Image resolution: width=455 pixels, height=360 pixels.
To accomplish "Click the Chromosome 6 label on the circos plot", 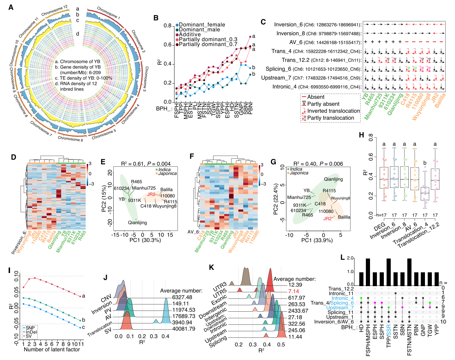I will tap(70, 139).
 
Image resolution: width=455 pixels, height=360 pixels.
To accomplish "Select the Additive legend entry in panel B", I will tap(190, 35).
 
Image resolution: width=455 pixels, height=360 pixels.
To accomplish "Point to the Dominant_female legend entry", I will tap(202, 25).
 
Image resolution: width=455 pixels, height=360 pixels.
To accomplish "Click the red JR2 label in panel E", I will tap(151, 194).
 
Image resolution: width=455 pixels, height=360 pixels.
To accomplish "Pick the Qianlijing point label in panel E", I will tap(137, 223).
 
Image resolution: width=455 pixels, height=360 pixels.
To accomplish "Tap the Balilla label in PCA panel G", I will tap(344, 217).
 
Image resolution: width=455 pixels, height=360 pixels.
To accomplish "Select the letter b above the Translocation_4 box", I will tap(425, 163).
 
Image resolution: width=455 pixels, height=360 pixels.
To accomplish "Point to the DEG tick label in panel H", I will tap(379, 227).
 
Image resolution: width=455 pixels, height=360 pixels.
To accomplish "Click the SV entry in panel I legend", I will tap(29, 336).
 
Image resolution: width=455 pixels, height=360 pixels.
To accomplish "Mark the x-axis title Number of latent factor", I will tap(52, 350).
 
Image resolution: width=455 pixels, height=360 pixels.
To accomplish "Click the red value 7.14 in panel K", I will tap(294, 291).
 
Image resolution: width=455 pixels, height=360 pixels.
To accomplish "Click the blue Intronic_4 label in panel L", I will tap(342, 298).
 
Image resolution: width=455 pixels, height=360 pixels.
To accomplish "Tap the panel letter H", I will tap(361, 135).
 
